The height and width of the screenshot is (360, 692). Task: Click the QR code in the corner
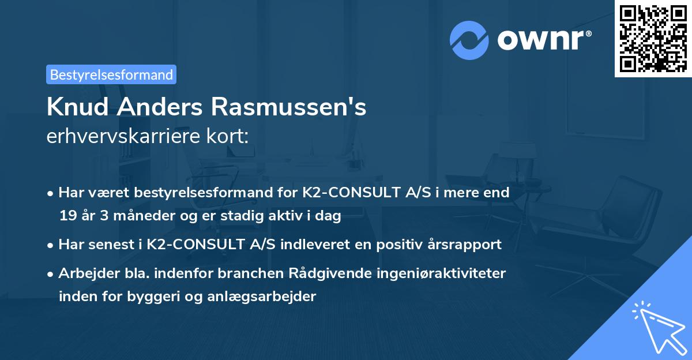pyautogui.click(x=653, y=38)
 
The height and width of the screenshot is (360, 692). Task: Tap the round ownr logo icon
pyautogui.click(x=469, y=40)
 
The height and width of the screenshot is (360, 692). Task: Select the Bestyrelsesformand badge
pyautogui.click(x=111, y=74)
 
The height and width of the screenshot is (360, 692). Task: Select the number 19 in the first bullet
pyautogui.click(x=67, y=216)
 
